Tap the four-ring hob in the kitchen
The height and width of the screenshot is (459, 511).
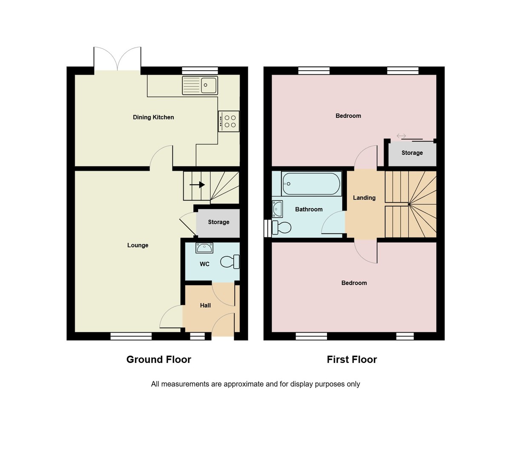tap(229, 121)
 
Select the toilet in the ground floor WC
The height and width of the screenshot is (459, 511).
tap(230, 262)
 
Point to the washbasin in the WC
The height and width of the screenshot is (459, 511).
tap(204, 248)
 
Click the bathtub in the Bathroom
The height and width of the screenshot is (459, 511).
tap(311, 184)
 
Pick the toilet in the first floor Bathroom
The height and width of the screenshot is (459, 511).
tap(281, 228)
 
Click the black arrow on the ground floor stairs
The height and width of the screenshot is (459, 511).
tap(198, 185)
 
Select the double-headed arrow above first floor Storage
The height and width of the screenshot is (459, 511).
tap(401, 136)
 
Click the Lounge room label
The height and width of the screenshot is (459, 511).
tap(138, 245)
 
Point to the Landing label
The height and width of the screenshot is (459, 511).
tap(364, 198)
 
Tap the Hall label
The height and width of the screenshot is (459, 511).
tap(205, 305)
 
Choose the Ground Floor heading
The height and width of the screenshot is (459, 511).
tap(158, 359)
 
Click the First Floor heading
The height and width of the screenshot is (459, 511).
tap(352, 359)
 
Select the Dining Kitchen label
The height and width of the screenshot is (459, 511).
tap(153, 117)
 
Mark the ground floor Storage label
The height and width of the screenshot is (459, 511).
tap(218, 222)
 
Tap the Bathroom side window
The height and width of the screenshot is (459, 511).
tap(267, 228)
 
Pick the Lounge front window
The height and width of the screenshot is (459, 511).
tap(131, 336)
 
